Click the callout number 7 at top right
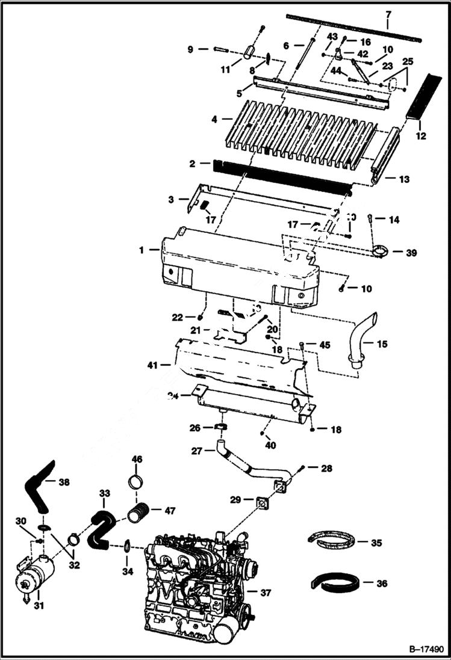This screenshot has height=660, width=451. tap(388, 14)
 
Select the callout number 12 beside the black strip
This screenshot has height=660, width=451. tap(420, 137)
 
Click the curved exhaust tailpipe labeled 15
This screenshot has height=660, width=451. tap(362, 341)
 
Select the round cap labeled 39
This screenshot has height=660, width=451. tap(380, 252)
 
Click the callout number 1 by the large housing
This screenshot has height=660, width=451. tap(142, 250)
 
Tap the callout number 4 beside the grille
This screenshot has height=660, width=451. tap(214, 119)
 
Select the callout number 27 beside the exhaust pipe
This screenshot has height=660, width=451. tap(196, 451)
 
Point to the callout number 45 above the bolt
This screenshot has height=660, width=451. tap(325, 345)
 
